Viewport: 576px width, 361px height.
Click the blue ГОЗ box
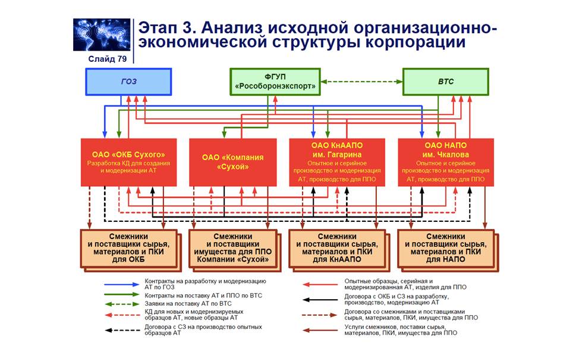click(128, 81)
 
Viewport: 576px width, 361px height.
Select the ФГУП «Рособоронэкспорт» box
click(274, 81)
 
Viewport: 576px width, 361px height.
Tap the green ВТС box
click(445, 81)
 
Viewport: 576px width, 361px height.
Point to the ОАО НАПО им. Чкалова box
click(446, 162)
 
